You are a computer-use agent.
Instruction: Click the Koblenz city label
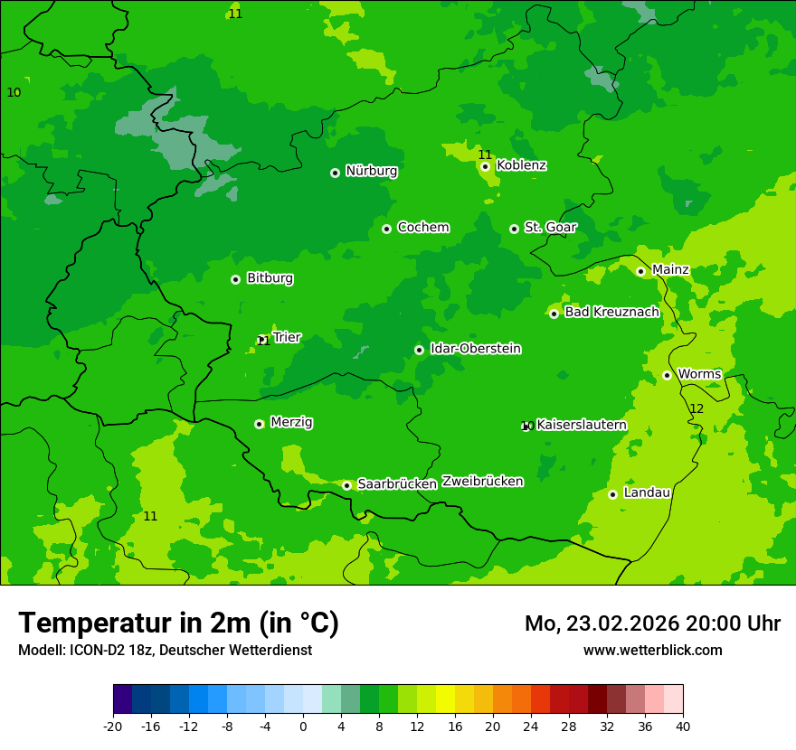[x=521, y=165]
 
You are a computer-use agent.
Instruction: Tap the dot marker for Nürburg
[x=335, y=173]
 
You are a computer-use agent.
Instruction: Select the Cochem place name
[x=422, y=228]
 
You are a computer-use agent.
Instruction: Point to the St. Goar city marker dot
[x=514, y=229]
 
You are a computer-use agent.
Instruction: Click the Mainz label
[x=670, y=270]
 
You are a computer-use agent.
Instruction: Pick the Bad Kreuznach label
[x=611, y=313]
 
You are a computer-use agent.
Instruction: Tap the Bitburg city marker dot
[x=235, y=279]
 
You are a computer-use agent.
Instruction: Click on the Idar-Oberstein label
[x=475, y=349]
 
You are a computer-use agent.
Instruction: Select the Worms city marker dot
[x=667, y=375]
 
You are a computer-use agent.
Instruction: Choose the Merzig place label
[x=291, y=423]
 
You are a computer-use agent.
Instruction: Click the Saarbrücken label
[x=397, y=484]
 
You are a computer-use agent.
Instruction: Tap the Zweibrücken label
[x=482, y=482]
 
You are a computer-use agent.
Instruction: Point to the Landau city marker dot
[x=612, y=494]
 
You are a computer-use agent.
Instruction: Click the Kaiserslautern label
[x=582, y=426]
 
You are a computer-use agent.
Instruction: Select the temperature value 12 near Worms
[x=696, y=409]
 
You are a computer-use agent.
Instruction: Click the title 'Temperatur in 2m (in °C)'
[x=178, y=623]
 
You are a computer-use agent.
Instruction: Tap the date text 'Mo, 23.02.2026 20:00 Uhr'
[x=652, y=624]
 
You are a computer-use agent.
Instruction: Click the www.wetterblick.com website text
[x=652, y=651]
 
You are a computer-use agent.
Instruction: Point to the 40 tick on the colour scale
[x=683, y=727]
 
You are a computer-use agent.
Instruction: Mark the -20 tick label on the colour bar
[x=113, y=727]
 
